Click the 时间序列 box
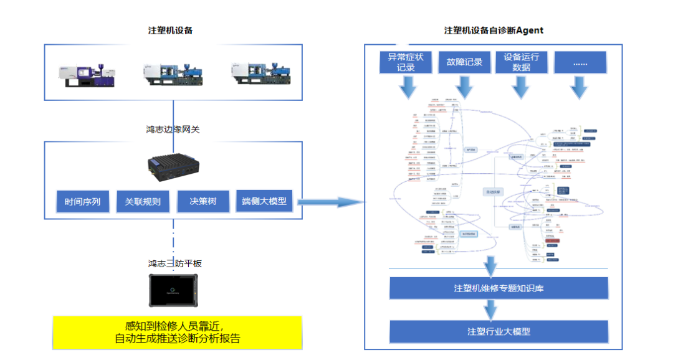pos(82,202)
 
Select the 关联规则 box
pos(143,202)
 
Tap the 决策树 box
pos(203,202)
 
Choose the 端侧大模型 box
pos(264,201)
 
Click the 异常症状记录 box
pos(406,62)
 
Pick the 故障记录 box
pos(464,62)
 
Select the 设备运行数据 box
pos(522,62)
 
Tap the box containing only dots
pos(580,62)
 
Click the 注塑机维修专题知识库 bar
pos(499,288)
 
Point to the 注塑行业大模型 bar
pos(499,331)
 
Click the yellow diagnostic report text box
pos(177,333)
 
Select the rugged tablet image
pos(173,290)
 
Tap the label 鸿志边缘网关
pos(173,130)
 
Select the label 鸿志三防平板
pos(173,263)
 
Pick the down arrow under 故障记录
pos(465,87)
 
